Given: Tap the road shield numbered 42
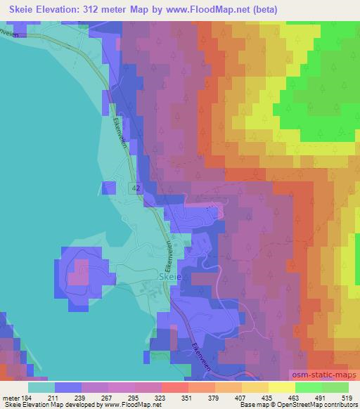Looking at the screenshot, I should [x=136, y=187].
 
